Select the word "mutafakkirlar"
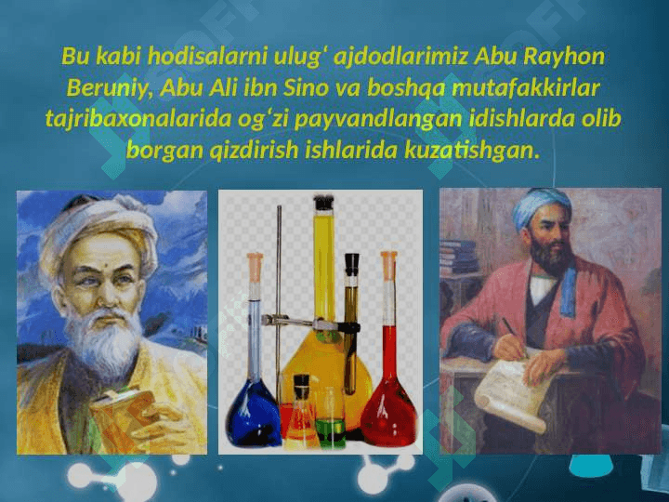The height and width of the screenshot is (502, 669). tap(526, 88)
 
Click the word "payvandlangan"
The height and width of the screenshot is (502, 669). tap(378, 120)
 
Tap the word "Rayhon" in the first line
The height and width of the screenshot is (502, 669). tap(564, 58)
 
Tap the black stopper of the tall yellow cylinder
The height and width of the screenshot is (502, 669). tap(324, 203)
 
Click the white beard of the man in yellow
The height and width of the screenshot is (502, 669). tap(104, 341)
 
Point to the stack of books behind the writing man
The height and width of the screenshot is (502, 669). tap(458, 257)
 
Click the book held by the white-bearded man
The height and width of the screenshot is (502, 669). tap(122, 415)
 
